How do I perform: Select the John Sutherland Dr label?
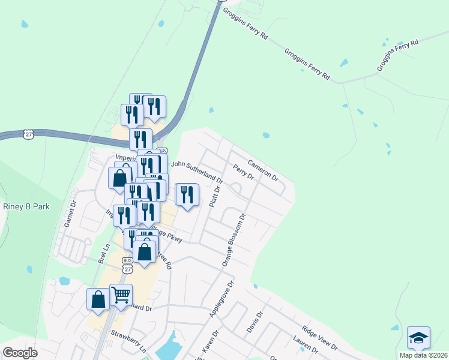point(197,170)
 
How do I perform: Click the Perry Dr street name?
point(244,173)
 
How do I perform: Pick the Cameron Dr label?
point(263,170)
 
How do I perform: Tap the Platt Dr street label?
point(215,196)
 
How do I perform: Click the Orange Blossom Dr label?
point(235,240)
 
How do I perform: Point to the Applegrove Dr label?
point(220,298)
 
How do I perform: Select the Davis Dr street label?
point(255,322)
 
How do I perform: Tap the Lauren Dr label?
point(305,346)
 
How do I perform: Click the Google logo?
point(20,353)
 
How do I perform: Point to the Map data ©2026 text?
point(423,355)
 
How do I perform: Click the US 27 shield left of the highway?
point(28,134)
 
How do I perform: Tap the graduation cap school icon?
point(418,337)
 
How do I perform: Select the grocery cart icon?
point(121,294)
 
